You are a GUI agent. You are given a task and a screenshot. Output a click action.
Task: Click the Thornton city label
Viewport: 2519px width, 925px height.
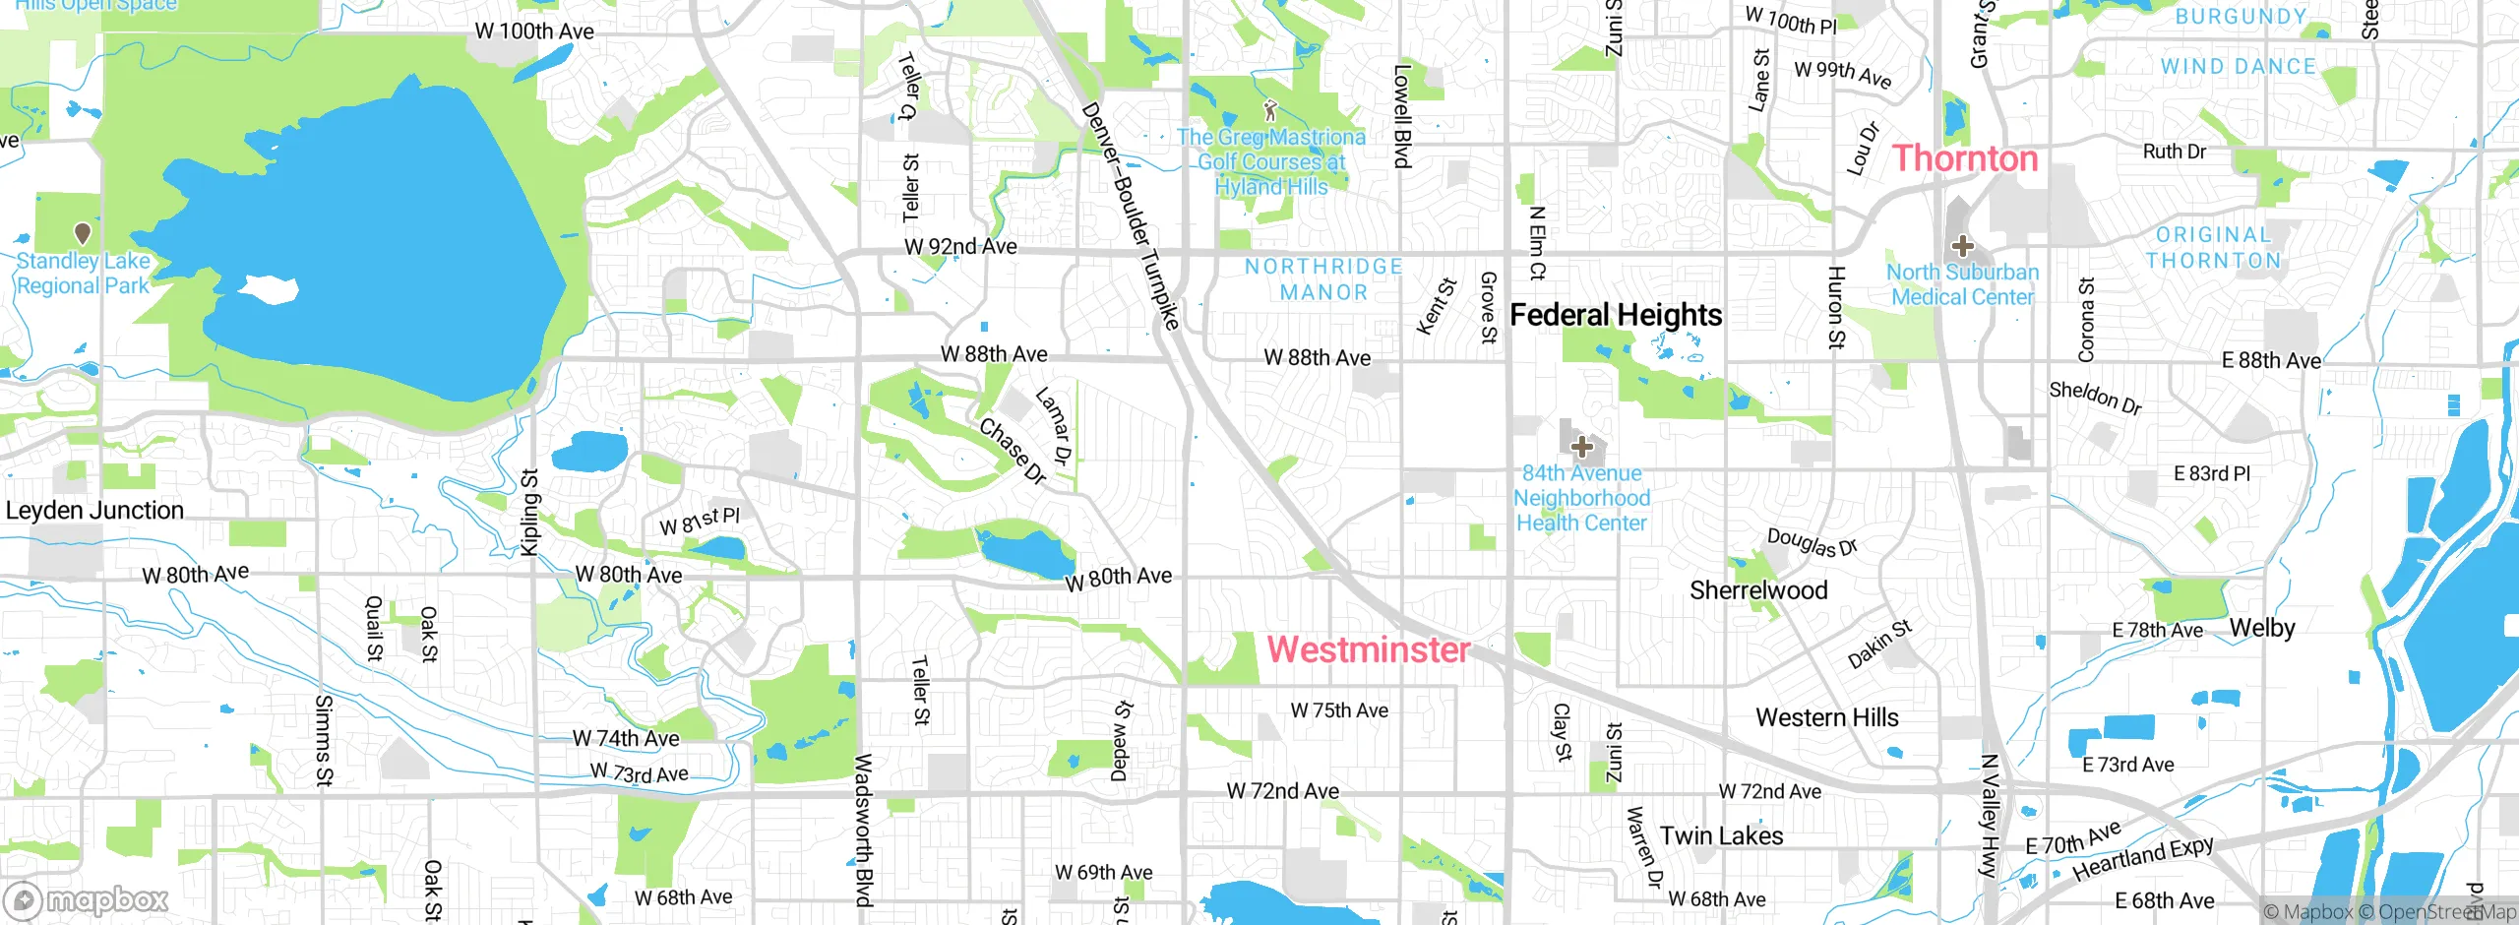tap(1965, 158)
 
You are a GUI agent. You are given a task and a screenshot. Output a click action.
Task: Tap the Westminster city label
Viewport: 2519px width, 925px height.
tap(1368, 649)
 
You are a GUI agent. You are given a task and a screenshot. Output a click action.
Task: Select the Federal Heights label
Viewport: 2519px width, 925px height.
tap(1616, 315)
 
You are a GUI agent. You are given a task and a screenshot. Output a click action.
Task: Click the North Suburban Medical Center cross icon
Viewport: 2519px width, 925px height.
tap(1962, 246)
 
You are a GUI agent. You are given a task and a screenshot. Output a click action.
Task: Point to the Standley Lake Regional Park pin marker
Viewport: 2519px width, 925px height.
tap(83, 233)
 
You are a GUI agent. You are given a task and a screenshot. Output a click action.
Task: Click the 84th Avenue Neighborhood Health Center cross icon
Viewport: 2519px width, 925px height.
tap(1581, 448)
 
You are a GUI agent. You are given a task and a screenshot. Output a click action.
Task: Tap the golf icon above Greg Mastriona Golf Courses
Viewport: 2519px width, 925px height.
tap(1270, 109)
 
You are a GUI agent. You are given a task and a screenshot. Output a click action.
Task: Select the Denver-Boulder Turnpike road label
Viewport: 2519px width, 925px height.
tap(1130, 215)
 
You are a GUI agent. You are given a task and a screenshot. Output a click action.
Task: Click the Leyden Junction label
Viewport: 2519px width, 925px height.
tap(94, 511)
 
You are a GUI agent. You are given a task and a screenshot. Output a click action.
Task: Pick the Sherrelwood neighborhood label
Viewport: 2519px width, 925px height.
tap(1758, 590)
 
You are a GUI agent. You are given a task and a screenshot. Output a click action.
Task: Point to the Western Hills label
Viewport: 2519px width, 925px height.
tap(1826, 717)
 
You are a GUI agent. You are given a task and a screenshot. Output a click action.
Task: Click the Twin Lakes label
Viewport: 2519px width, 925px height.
tap(1721, 836)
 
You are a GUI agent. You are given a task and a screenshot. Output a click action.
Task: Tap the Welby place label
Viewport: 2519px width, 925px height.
tap(2261, 628)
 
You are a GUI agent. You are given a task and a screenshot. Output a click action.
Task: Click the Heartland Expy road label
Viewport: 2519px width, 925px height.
tap(2142, 859)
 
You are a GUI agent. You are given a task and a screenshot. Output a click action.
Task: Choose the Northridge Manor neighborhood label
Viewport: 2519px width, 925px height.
tap(1323, 279)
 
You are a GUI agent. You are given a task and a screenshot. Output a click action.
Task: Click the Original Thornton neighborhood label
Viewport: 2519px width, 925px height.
tap(2213, 248)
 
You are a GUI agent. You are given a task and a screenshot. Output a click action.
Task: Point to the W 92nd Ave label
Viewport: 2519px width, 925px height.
tap(960, 247)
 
